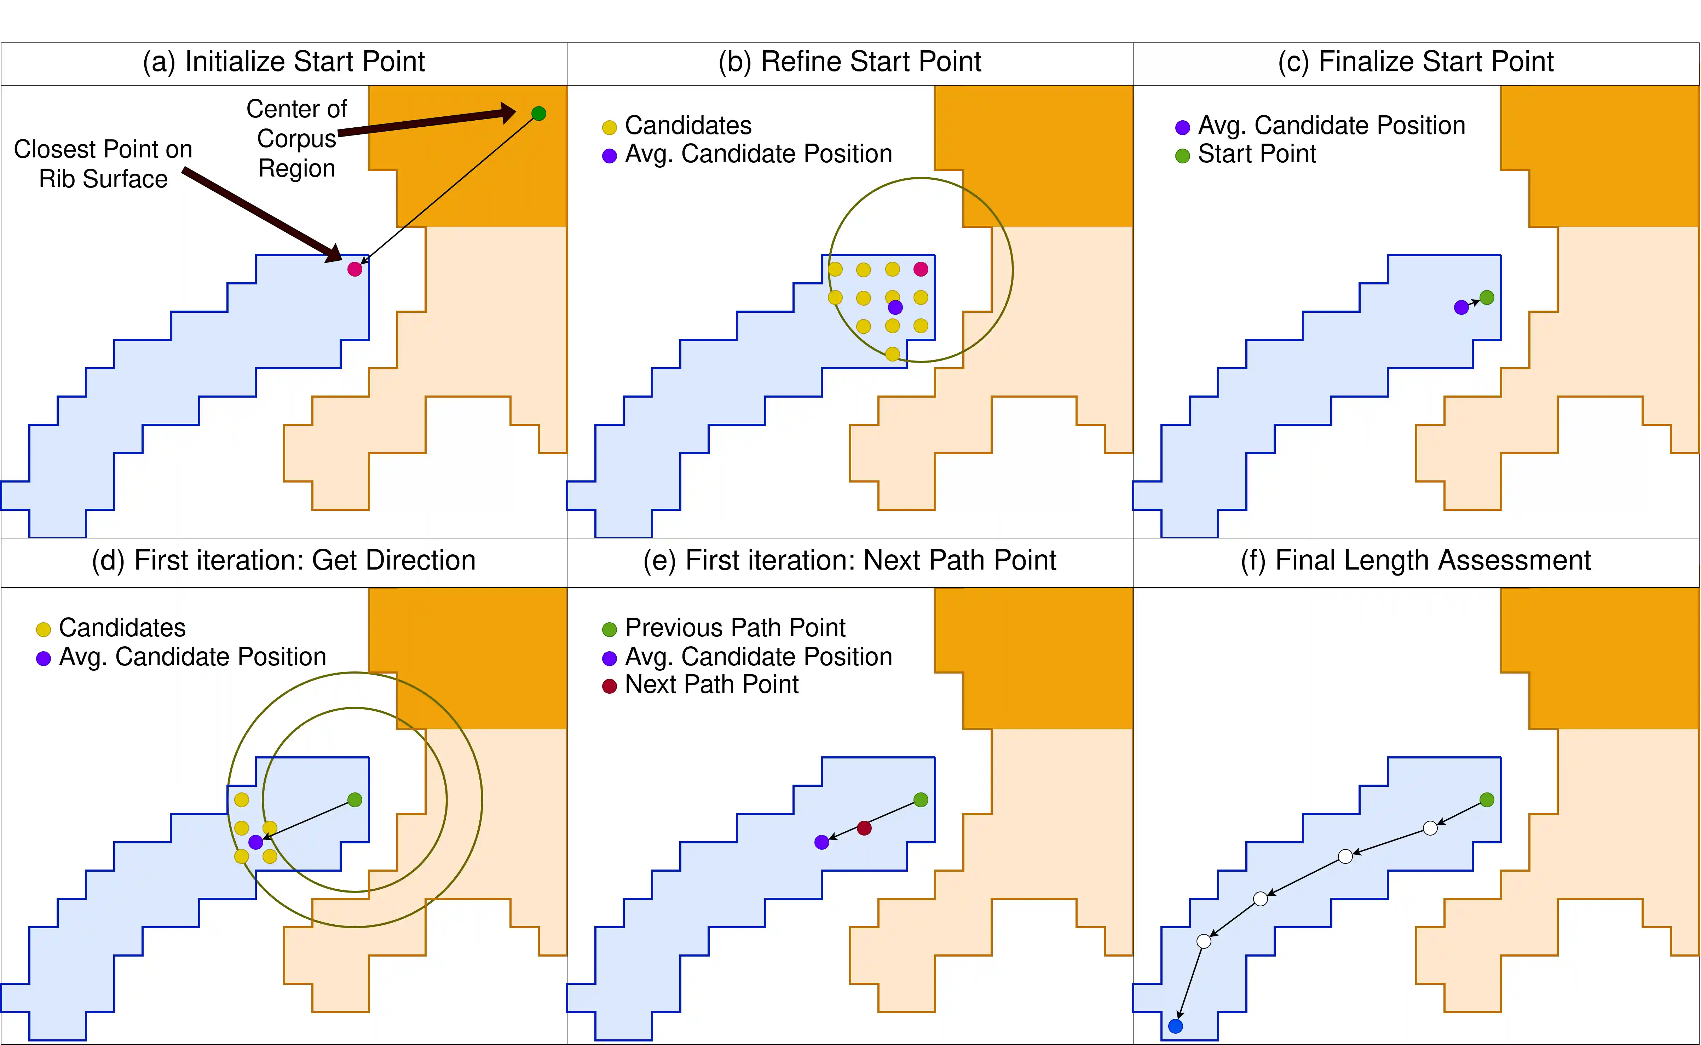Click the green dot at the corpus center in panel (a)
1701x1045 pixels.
pos(538,113)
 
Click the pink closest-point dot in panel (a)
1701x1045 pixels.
pos(354,269)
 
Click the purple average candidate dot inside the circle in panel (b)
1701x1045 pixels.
pos(895,307)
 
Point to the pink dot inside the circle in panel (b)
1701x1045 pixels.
pos(921,269)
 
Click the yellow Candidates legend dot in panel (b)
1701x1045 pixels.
pos(609,127)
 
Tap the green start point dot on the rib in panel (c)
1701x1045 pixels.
pos(1487,297)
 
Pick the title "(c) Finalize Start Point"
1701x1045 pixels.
pos(1415,62)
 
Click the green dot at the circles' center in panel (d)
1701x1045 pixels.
pos(354,799)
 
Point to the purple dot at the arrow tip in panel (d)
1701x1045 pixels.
pos(255,842)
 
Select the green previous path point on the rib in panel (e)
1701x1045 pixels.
pos(921,799)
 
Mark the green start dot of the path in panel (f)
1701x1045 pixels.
pos(1487,799)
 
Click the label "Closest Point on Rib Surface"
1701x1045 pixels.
pos(103,164)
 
